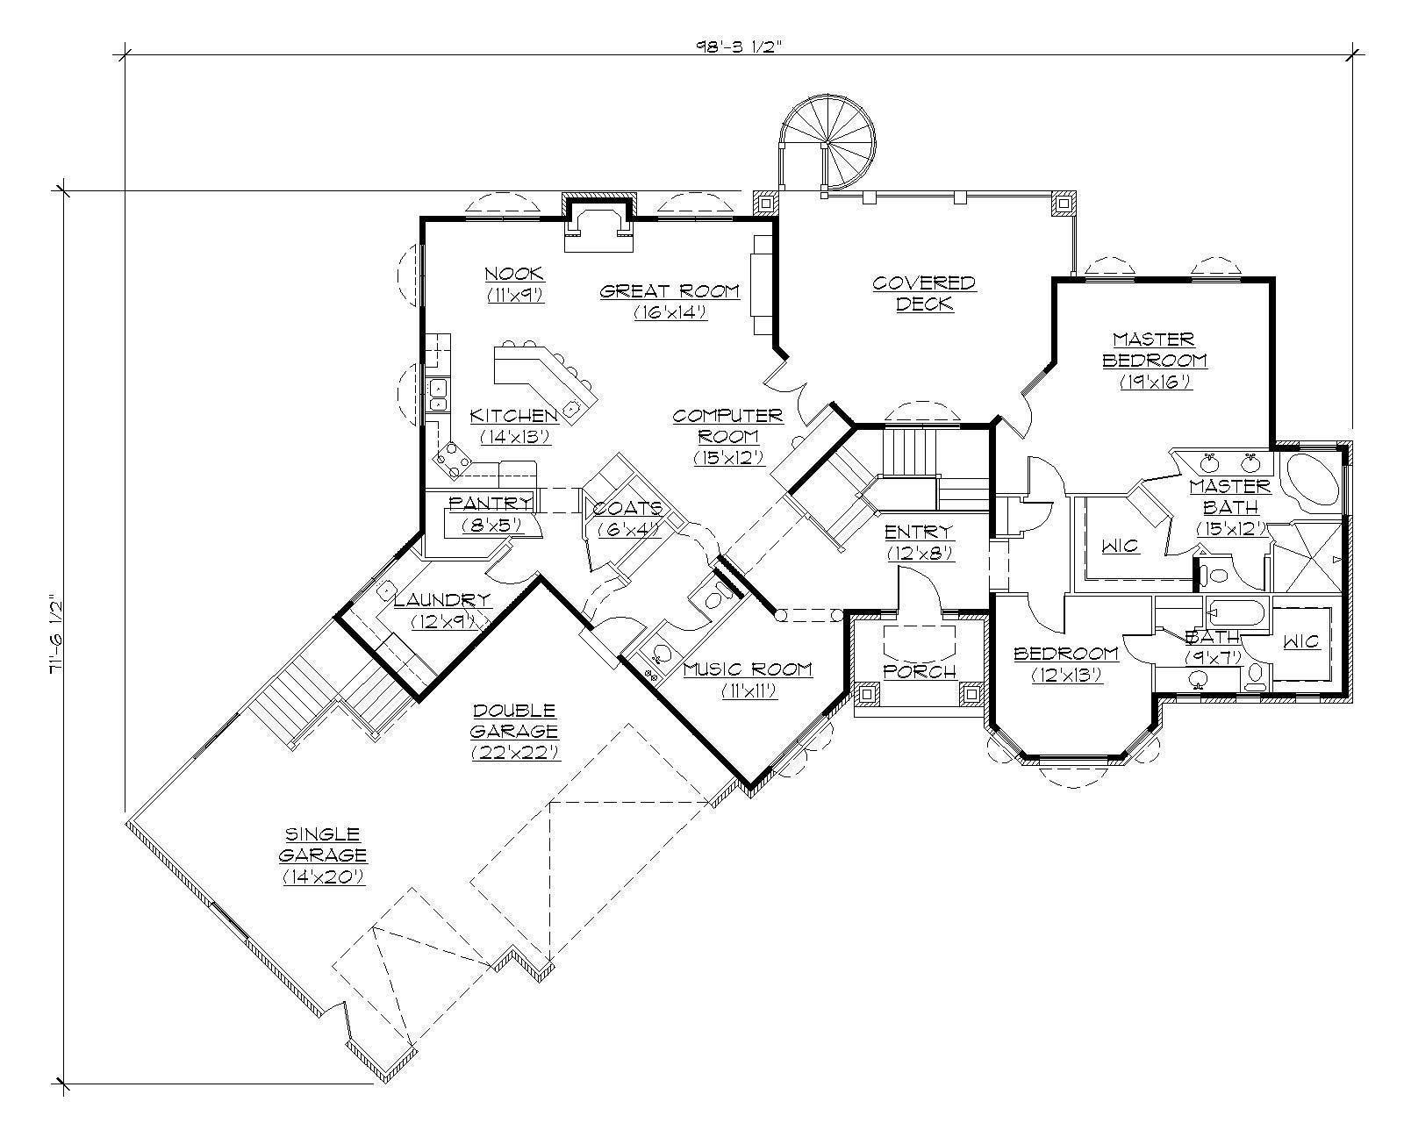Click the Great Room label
tap(670, 301)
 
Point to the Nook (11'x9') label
tap(515, 283)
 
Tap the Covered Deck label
tap(924, 293)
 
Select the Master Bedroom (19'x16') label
tap(1154, 360)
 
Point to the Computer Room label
tap(727, 435)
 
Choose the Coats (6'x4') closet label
tap(626, 519)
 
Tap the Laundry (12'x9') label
tap(442, 610)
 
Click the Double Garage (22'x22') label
tap(515, 730)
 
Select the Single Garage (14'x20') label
tap(323, 855)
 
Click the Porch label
tap(919, 671)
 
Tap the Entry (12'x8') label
tap(919, 541)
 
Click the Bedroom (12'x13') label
tap(1066, 663)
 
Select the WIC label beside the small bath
tap(1300, 641)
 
